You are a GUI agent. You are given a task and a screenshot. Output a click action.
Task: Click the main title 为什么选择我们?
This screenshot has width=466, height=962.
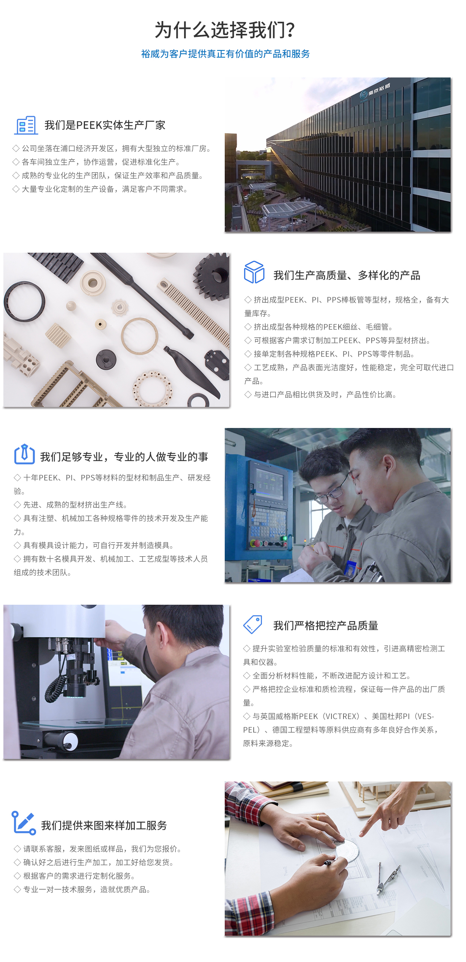click(225, 30)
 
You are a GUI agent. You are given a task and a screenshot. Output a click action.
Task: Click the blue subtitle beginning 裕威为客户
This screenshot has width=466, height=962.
click(225, 54)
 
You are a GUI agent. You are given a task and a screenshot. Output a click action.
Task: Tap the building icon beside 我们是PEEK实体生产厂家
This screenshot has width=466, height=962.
click(26, 125)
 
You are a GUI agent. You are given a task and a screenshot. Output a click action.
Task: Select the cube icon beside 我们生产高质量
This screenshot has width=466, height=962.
click(254, 272)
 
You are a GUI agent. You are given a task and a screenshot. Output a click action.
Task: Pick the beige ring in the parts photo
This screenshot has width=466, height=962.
click(139, 336)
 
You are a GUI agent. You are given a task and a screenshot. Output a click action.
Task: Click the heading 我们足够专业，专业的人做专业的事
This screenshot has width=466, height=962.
click(124, 457)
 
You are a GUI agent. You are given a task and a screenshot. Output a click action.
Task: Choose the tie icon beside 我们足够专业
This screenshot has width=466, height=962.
click(24, 454)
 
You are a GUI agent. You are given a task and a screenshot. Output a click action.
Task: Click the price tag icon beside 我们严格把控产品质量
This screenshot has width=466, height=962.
click(253, 624)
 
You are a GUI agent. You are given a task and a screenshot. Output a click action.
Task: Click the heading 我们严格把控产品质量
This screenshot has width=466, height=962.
click(326, 625)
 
